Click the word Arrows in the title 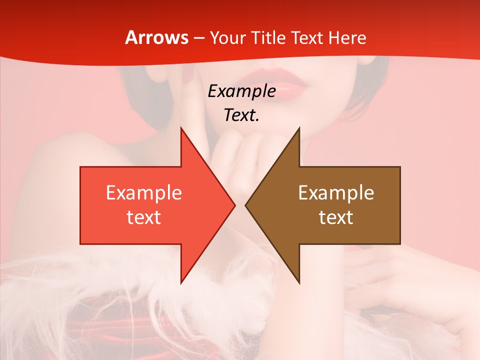pos(157,37)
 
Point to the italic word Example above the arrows pos(241,91)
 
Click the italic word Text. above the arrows pos(241,115)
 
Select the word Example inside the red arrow pos(144,193)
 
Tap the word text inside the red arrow pos(144,217)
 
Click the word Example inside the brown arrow pos(336,193)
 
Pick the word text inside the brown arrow pos(336,217)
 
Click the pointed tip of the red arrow pos(234,205)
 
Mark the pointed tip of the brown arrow pos(246,205)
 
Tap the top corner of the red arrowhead pos(181,128)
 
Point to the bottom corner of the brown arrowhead pos(299,282)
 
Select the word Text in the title pos(307,37)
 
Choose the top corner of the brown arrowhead pos(299,128)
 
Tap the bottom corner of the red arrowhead pos(181,282)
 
